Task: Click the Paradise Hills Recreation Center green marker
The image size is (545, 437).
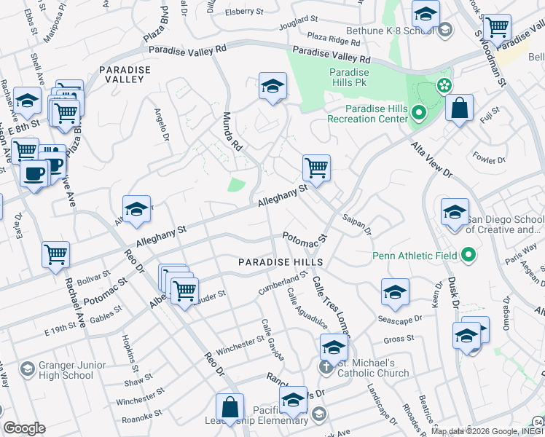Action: pos(418,113)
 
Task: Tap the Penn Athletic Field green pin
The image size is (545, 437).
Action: pos(468,256)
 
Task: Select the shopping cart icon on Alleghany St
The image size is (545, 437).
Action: pos(316,168)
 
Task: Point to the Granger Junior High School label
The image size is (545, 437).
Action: pos(58,371)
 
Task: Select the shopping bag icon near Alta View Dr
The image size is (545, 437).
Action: pos(459,109)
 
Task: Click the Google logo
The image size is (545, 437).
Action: pos(25,428)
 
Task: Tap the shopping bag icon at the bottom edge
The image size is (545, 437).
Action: pos(230,406)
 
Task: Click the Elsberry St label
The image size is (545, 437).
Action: pos(244,12)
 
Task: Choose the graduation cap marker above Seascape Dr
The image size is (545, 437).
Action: pos(395,292)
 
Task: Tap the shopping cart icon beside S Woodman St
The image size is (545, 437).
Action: pos(496,28)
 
